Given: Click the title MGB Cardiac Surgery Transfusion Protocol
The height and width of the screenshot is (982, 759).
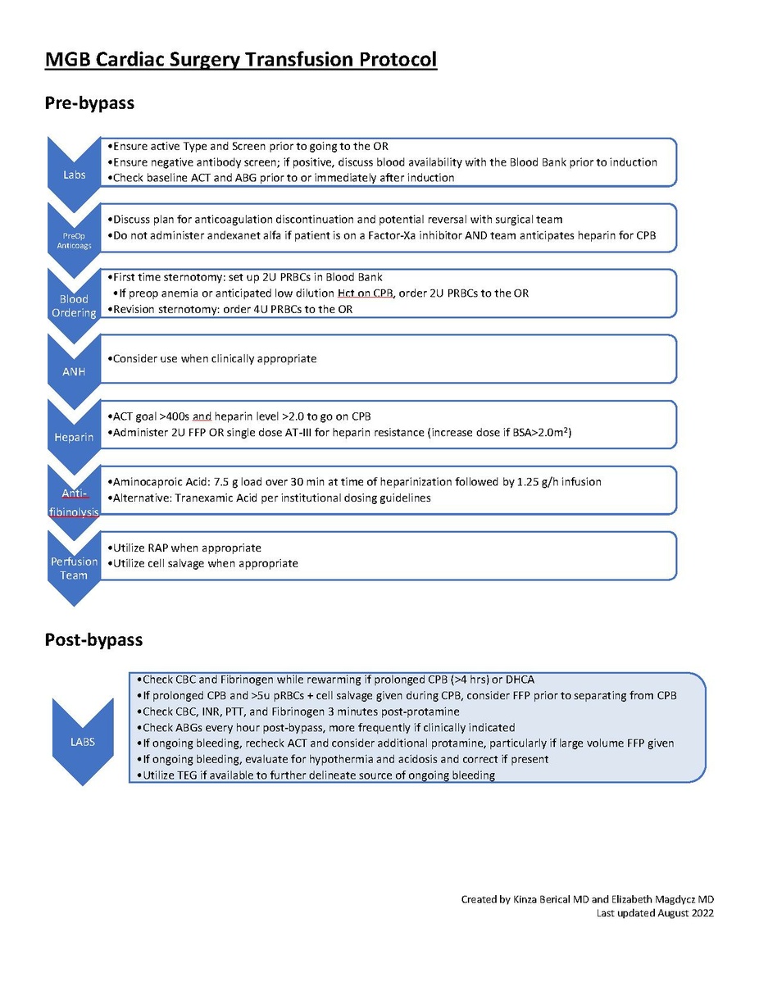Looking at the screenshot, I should click(x=240, y=60).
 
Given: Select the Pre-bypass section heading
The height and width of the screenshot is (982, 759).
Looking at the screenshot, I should click(x=89, y=104).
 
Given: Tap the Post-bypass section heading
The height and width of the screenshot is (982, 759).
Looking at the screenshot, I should click(x=94, y=639).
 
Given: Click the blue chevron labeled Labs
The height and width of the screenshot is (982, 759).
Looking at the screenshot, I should click(x=74, y=175).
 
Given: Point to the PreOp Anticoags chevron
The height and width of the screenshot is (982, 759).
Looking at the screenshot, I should click(x=74, y=238).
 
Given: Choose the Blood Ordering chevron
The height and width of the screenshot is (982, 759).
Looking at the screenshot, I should click(x=74, y=306).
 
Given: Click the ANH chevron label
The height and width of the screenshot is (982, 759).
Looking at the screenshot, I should click(x=74, y=371).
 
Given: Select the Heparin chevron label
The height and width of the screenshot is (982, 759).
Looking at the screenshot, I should click(x=74, y=437).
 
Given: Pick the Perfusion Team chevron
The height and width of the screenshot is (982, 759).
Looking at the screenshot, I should click(x=74, y=568).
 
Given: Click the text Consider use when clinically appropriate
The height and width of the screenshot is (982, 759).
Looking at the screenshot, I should click(x=212, y=359).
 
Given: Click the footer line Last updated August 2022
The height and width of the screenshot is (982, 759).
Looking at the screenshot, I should click(x=654, y=913).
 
